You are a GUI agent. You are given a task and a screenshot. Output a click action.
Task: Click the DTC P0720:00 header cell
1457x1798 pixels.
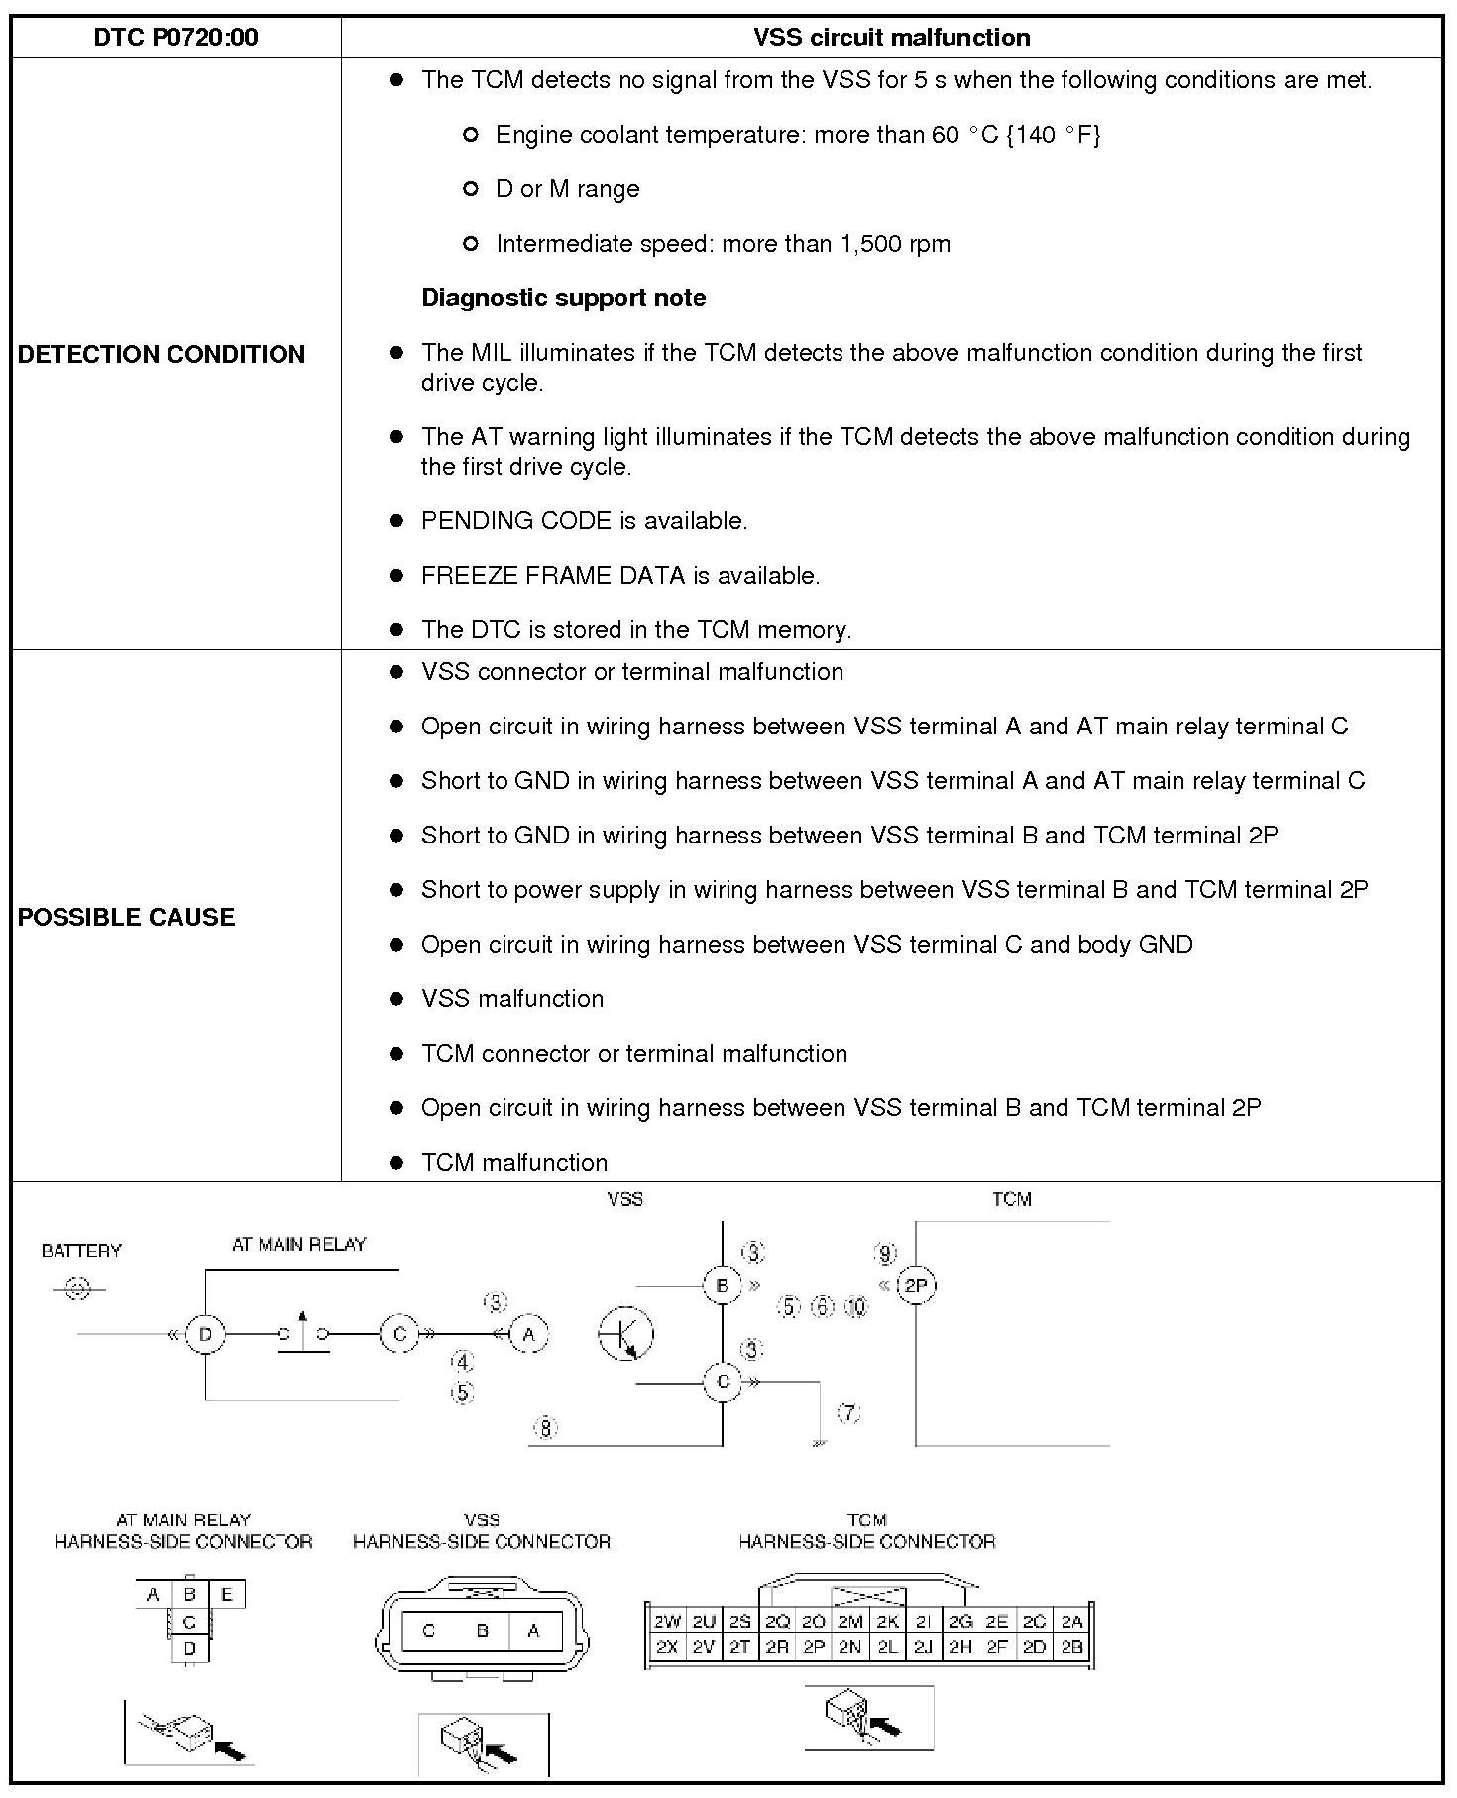pos(175,38)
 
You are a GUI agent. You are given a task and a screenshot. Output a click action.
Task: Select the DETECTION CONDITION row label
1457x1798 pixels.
pos(162,355)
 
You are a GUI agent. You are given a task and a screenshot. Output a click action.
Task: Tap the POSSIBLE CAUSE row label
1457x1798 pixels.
pos(127,917)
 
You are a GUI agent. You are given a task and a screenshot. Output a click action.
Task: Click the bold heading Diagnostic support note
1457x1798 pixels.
pos(563,298)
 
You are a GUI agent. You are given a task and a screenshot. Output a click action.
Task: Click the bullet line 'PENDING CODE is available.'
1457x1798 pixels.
pos(584,521)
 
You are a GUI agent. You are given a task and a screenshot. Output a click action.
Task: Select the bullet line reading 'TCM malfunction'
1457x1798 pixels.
pos(514,1162)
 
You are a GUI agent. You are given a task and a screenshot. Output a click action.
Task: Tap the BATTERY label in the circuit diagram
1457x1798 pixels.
pos(81,1251)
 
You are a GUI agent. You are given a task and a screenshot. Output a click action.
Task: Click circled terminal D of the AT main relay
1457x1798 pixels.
pos(205,1334)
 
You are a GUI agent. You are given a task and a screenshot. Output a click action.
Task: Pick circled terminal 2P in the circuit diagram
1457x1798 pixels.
pos(916,1286)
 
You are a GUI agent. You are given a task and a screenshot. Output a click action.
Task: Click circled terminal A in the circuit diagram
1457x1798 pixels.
pos(529,1334)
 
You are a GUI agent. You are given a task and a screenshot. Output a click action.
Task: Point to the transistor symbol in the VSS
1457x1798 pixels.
pos(626,1333)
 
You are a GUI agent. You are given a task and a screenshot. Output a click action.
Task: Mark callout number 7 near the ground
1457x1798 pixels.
pos(849,1413)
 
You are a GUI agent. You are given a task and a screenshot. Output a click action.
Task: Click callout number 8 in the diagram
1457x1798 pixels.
pos(546,1428)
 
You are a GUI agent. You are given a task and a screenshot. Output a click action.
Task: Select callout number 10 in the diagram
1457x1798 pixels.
pos(856,1306)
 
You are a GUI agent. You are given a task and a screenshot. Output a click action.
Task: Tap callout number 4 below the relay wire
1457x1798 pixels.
pos(462,1363)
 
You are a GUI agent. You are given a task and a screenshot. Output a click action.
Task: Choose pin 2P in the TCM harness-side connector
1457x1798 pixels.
pos(814,1647)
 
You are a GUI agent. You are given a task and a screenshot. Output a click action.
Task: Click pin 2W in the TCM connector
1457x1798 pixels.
pos(667,1622)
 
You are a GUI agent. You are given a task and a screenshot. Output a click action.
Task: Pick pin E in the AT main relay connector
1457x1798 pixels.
pos(227,1595)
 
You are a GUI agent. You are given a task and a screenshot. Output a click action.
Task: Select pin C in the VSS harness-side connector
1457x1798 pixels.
pos(429,1630)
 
